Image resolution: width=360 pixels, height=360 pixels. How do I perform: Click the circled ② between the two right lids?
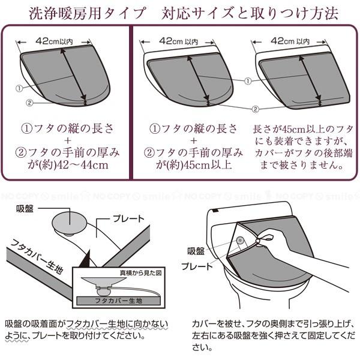click(x=255, y=109)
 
